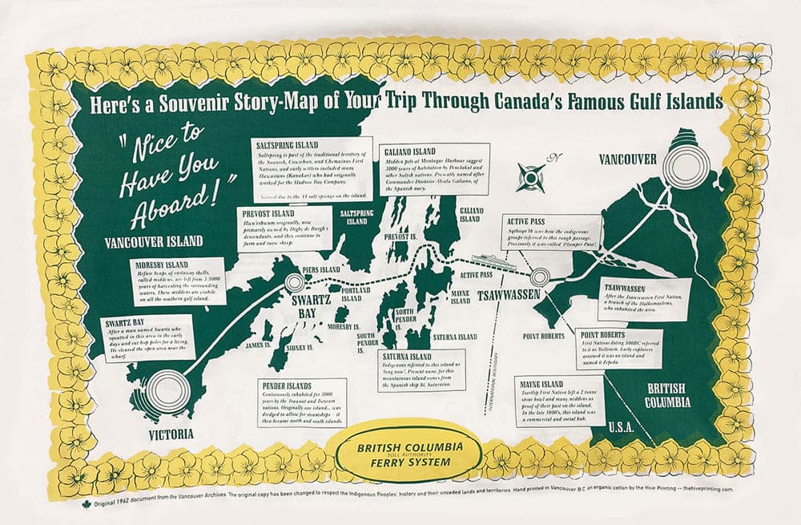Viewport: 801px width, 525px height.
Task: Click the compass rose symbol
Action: [x=529, y=176]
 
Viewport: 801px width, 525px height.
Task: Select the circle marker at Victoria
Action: [x=167, y=390]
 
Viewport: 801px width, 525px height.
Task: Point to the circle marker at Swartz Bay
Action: [x=294, y=281]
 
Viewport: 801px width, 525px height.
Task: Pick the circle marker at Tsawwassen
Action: [x=541, y=277]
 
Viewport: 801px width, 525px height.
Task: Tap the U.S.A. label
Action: [x=623, y=426]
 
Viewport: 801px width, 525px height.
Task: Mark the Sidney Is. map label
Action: [x=299, y=348]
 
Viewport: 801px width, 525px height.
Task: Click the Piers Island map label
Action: [x=321, y=269]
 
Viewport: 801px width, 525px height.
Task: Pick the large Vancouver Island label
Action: [x=154, y=240]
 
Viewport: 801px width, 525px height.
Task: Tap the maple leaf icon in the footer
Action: [x=86, y=503]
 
